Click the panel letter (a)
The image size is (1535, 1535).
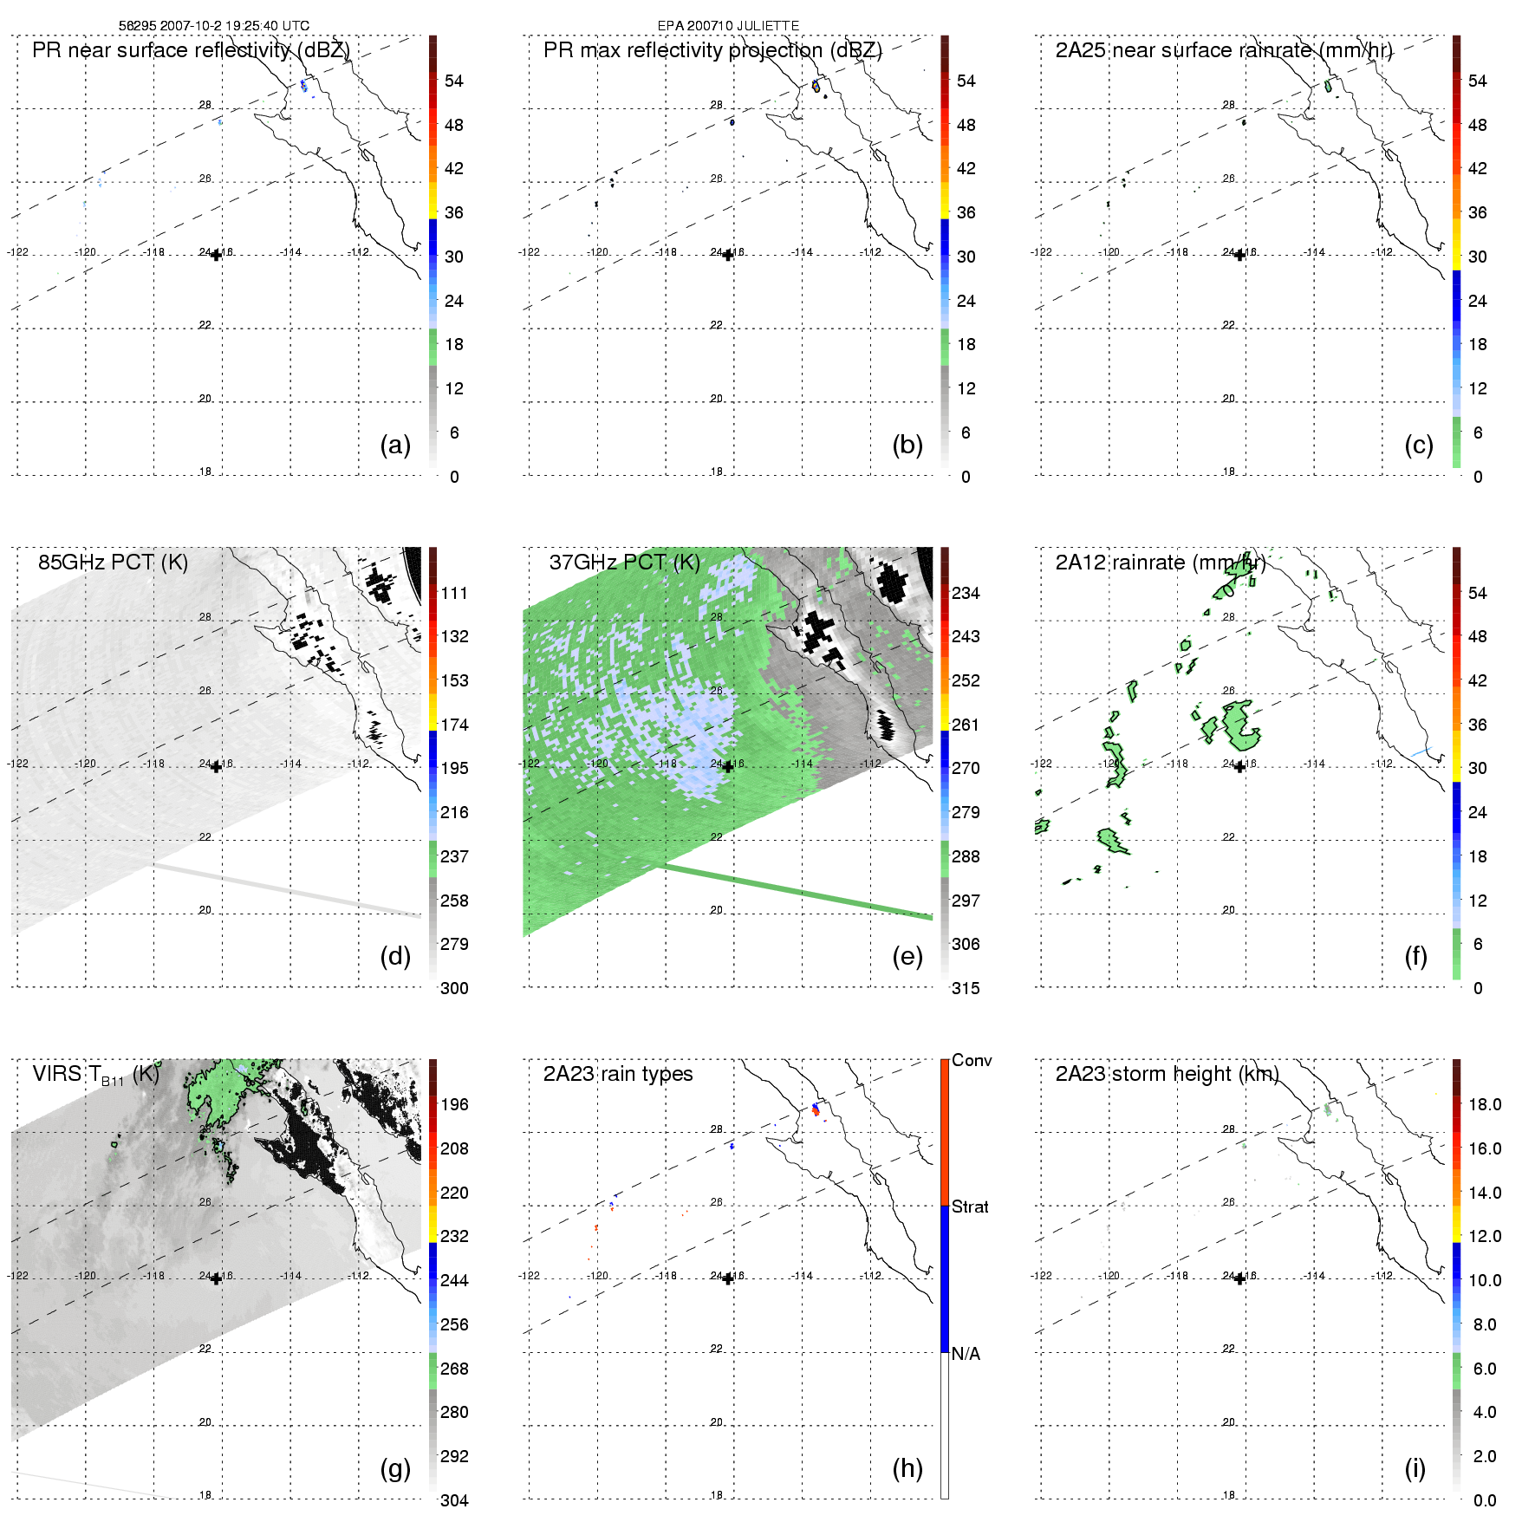395,446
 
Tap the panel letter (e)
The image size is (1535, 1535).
907,957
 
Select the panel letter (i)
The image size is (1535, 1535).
1415,1468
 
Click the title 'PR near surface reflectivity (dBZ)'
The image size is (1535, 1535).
191,50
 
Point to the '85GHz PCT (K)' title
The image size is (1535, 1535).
113,563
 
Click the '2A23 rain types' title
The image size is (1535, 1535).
618,1074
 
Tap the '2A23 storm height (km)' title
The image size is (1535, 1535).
1167,1074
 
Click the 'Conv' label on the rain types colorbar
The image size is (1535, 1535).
972,1060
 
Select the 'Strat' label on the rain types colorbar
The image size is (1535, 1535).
970,1207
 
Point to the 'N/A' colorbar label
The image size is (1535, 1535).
966,1354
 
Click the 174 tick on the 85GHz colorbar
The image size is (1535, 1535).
454,725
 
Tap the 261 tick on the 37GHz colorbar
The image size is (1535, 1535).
966,725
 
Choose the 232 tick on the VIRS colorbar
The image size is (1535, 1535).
454,1236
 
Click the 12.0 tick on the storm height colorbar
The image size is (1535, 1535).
1485,1236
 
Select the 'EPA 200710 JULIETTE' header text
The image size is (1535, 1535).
728,26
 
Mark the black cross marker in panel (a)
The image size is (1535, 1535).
216,255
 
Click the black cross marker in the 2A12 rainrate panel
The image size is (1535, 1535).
1239,766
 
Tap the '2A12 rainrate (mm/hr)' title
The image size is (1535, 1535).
1161,563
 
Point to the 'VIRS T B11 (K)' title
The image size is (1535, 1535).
95,1075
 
